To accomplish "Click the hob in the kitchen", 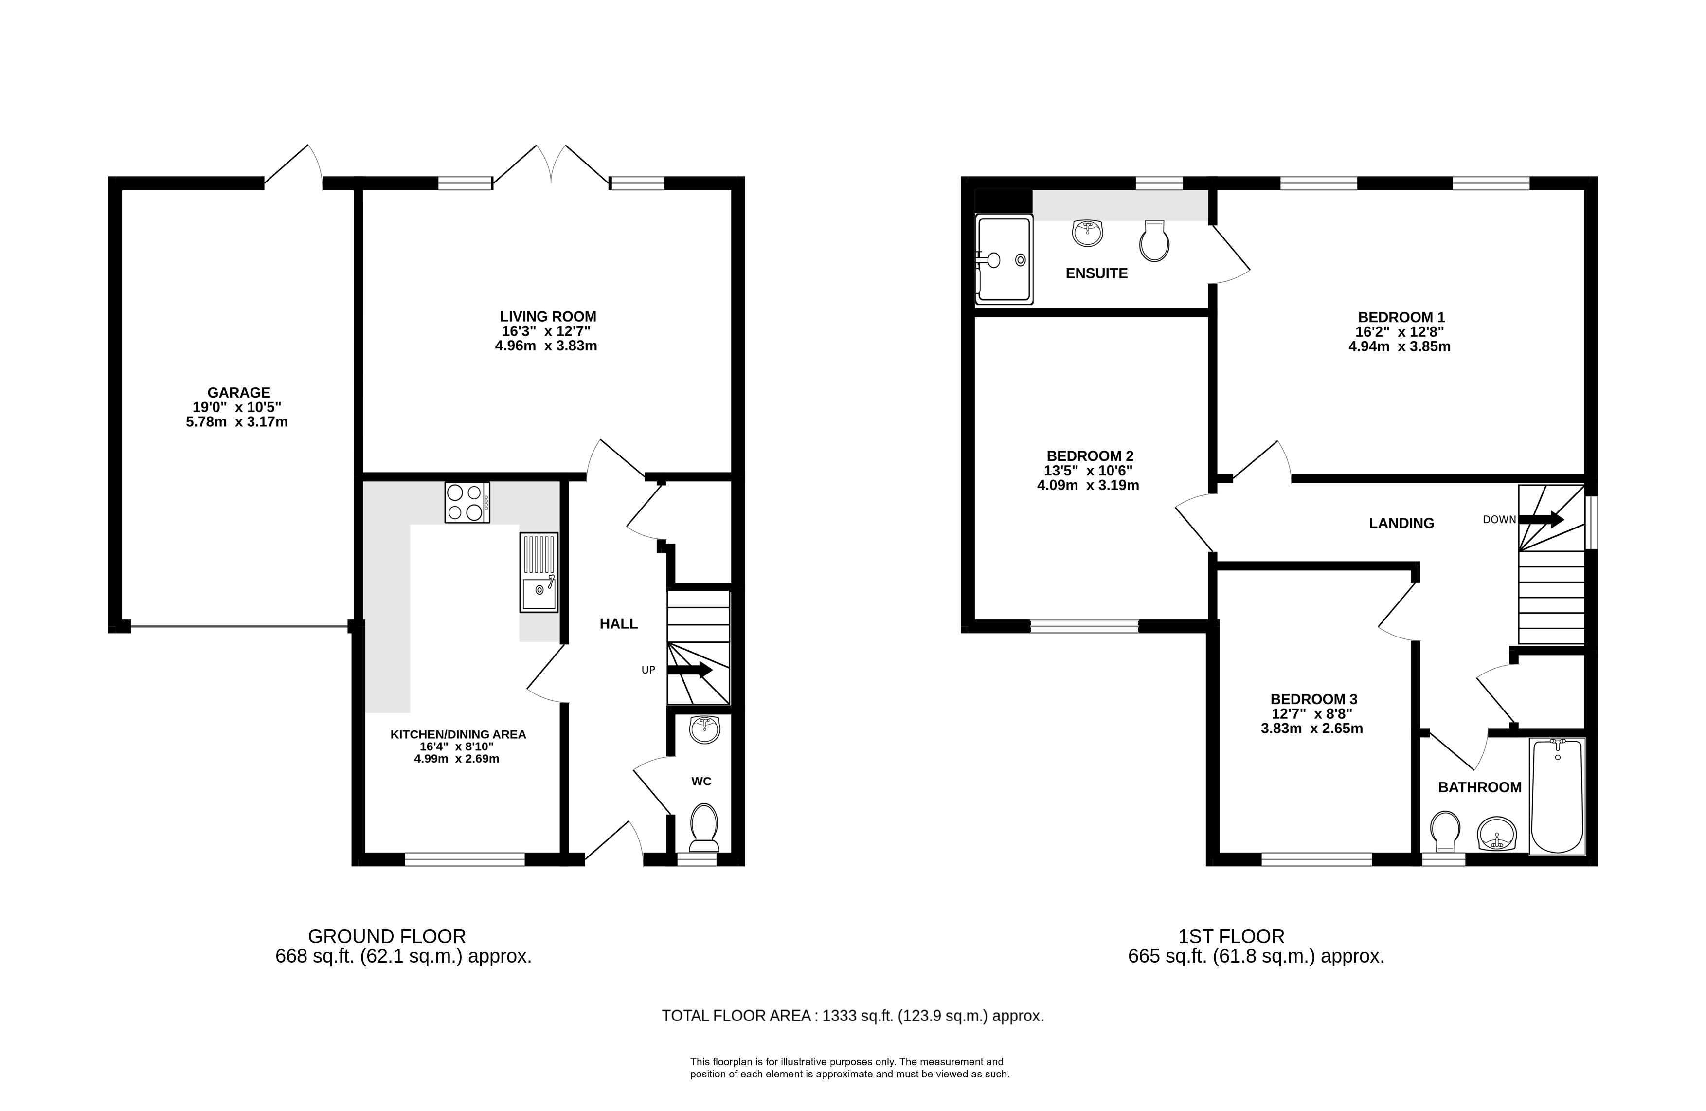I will click(x=467, y=502).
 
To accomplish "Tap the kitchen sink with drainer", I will click(x=539, y=572).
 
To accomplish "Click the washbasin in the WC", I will click(x=704, y=730).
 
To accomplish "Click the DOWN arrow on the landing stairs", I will click(x=1541, y=519).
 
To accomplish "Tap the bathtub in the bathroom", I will click(x=1557, y=796).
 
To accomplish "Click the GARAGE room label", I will click(x=239, y=392).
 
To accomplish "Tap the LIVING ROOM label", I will click(x=548, y=316).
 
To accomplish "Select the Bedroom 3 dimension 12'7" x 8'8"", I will click(x=1313, y=713).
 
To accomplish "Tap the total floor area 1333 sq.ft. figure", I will click(x=857, y=1016).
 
